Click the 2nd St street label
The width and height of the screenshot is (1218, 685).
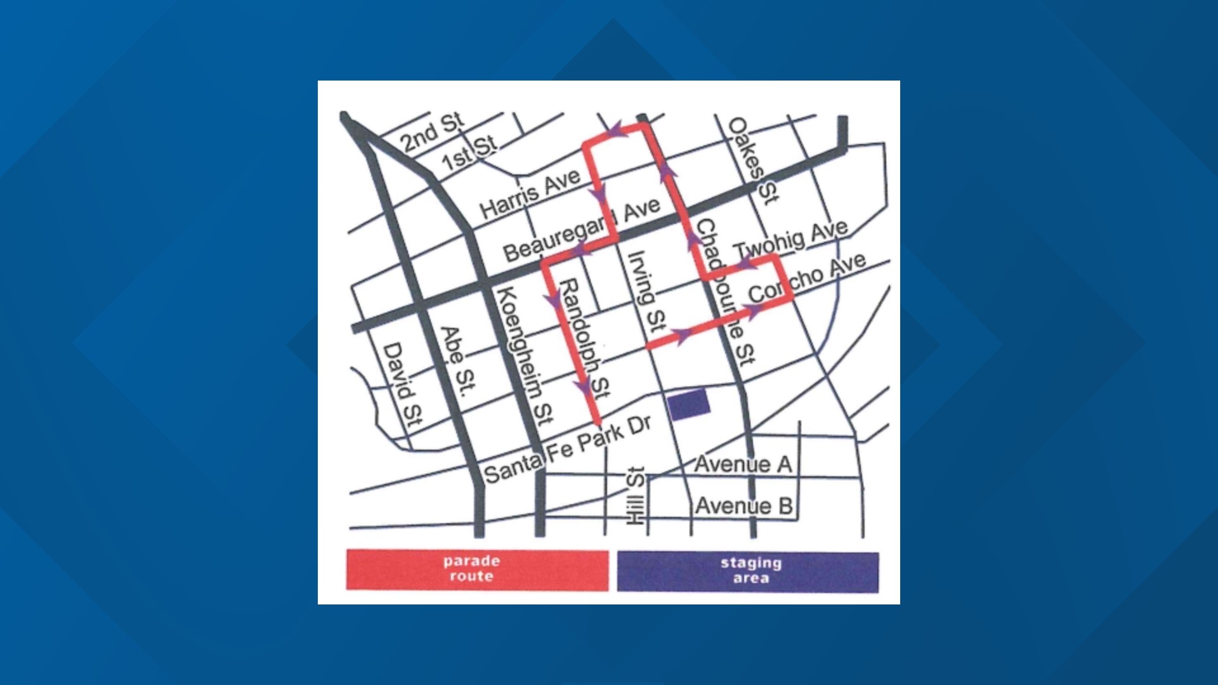point(433,132)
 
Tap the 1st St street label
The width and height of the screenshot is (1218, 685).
point(469,153)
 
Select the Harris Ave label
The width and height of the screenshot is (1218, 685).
point(530,193)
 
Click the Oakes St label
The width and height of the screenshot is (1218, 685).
point(752,160)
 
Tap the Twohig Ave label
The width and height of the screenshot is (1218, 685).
point(790,240)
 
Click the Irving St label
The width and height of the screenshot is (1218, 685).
point(646,292)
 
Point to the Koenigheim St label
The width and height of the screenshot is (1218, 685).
point(524,355)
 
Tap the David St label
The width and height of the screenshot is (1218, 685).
point(402,384)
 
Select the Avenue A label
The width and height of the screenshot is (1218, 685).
point(743,464)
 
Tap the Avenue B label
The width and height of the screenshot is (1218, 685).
point(743,506)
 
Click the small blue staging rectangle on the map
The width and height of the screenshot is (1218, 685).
point(689,405)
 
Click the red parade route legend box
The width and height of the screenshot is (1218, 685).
point(476,569)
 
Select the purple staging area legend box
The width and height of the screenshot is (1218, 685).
point(748,571)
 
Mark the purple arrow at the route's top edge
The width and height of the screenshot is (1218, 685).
point(613,131)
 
